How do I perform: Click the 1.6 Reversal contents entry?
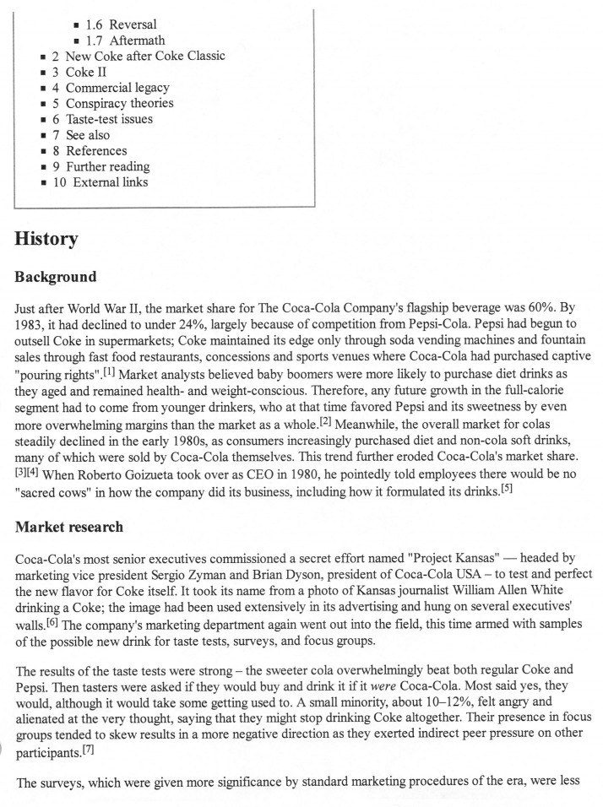[x=122, y=24]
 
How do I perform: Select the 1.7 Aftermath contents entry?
[x=126, y=41]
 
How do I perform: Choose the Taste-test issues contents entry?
[x=109, y=119]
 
